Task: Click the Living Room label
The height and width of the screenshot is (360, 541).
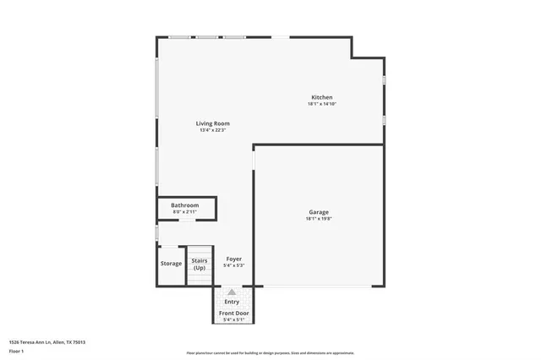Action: coord(214,123)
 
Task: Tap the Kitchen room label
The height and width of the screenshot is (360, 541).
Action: coord(321,97)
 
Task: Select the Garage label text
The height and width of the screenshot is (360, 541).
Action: coord(318,212)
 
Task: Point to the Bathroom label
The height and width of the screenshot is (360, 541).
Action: coord(184,205)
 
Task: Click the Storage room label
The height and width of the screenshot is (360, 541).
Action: coord(172,264)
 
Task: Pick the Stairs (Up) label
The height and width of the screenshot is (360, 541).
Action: coord(199,264)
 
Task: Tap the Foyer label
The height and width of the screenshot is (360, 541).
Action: coord(234,259)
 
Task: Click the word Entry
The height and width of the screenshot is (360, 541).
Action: coord(232,302)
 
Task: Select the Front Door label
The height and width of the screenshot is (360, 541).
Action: coord(234,314)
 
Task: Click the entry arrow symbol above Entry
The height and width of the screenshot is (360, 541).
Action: coord(232,292)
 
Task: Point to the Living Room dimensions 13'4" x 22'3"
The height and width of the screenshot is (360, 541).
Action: coord(214,130)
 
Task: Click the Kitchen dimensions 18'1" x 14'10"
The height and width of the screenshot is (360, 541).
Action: coord(321,104)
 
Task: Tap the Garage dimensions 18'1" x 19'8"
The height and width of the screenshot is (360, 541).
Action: coord(318,219)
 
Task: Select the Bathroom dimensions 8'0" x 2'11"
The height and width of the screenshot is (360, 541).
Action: coord(184,211)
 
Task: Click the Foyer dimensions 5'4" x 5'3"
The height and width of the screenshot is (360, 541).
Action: coord(234,265)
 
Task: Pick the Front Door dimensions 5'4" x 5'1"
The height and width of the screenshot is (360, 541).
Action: coord(234,320)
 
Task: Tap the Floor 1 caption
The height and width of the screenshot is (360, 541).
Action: coord(16,351)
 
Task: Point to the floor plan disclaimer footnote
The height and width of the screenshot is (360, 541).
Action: coord(270,353)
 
